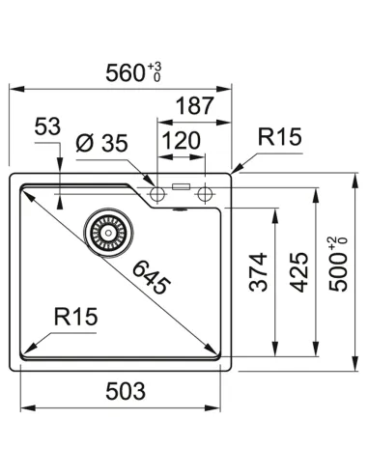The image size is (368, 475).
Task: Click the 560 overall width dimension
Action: coord(125,73)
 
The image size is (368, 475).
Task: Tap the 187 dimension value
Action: coord(195,106)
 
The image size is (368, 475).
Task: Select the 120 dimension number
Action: coord(182,141)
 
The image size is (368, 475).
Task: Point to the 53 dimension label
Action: coord(47,126)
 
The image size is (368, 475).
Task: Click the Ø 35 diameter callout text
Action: coord(101,143)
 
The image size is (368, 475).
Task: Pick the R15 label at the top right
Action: coord(280,137)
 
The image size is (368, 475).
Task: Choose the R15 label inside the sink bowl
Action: coord(75,317)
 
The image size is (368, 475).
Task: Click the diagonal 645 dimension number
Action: coord(152,277)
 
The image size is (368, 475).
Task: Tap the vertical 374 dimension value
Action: coord(259,272)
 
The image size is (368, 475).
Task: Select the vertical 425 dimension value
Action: coord(298,272)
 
